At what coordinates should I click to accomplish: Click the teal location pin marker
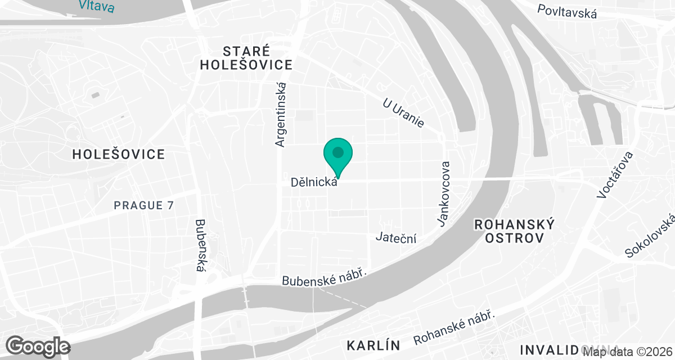click(x=337, y=155)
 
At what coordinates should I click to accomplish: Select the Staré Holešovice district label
click(x=246, y=57)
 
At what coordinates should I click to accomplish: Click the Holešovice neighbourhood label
click(x=119, y=154)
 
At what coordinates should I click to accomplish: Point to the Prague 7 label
click(x=144, y=206)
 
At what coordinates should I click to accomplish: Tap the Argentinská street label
click(x=281, y=115)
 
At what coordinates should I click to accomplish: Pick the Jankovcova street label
click(x=445, y=195)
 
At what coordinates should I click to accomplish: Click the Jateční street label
click(x=397, y=238)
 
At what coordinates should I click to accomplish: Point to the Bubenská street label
click(x=199, y=245)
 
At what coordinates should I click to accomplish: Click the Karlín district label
click(x=373, y=344)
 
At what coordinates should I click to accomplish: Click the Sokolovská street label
click(x=650, y=237)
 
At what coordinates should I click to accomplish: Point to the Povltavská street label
click(x=567, y=12)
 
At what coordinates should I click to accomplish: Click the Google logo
click(x=38, y=346)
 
